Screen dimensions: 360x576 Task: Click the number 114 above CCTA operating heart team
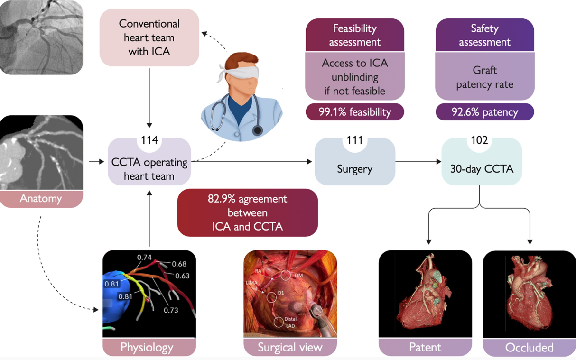click(149, 140)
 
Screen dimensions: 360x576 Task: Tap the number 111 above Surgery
click(354, 140)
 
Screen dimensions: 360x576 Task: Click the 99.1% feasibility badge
click(354, 112)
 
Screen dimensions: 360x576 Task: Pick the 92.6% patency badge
click(484, 112)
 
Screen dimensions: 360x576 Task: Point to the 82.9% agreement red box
click(247, 212)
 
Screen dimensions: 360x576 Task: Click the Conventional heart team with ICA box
click(149, 37)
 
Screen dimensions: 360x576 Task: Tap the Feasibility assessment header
click(354, 35)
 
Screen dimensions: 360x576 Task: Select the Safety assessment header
click(484, 35)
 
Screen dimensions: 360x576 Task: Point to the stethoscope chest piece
click(257, 129)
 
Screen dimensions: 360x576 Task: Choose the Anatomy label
click(41, 199)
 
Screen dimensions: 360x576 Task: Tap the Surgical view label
click(290, 347)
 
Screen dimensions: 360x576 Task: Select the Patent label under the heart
click(425, 347)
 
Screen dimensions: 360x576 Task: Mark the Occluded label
click(529, 347)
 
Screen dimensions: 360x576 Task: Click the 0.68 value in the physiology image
click(179, 264)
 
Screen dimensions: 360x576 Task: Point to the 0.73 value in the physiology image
click(170, 310)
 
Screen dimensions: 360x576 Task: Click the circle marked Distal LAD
click(279, 322)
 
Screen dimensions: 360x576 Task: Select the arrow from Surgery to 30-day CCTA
click(418, 162)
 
